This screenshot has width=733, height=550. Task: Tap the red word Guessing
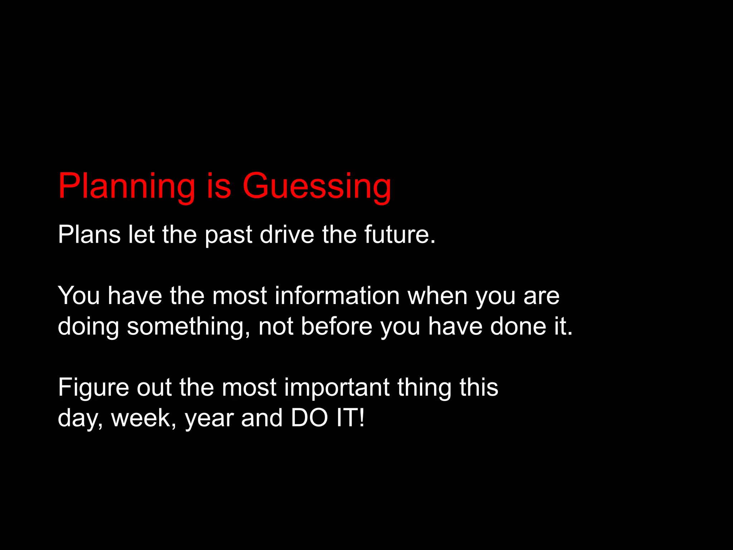[x=317, y=186]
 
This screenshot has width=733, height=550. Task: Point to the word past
[x=228, y=235]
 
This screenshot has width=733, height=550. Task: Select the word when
[x=437, y=296]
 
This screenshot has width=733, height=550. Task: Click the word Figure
[x=93, y=388]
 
